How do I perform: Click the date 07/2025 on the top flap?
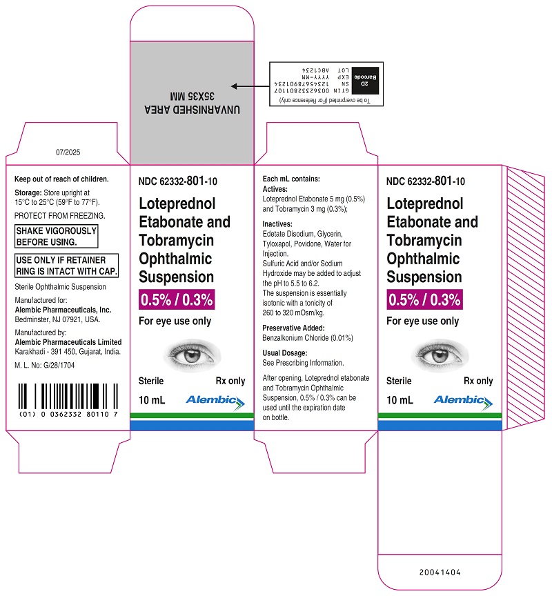click(x=68, y=152)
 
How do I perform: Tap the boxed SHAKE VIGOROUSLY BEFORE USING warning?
click(x=57, y=237)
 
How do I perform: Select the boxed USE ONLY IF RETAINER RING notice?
click(x=66, y=266)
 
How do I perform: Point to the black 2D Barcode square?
click(x=365, y=81)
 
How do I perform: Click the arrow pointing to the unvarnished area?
click(x=250, y=86)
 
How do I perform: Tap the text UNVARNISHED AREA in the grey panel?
click(x=192, y=110)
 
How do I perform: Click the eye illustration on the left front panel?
click(x=192, y=355)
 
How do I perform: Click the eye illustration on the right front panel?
click(x=440, y=355)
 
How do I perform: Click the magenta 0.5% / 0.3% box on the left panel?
click(x=177, y=299)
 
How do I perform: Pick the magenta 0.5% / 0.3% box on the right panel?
click(x=424, y=299)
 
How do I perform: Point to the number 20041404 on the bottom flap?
click(x=440, y=572)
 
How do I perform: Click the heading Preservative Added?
click(x=293, y=328)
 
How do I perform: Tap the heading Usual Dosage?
click(x=285, y=352)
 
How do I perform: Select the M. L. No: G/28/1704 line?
click(x=44, y=366)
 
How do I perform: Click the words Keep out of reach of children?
click(x=61, y=179)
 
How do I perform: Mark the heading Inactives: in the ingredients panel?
click(x=277, y=224)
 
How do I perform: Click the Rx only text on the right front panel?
click(x=478, y=381)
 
